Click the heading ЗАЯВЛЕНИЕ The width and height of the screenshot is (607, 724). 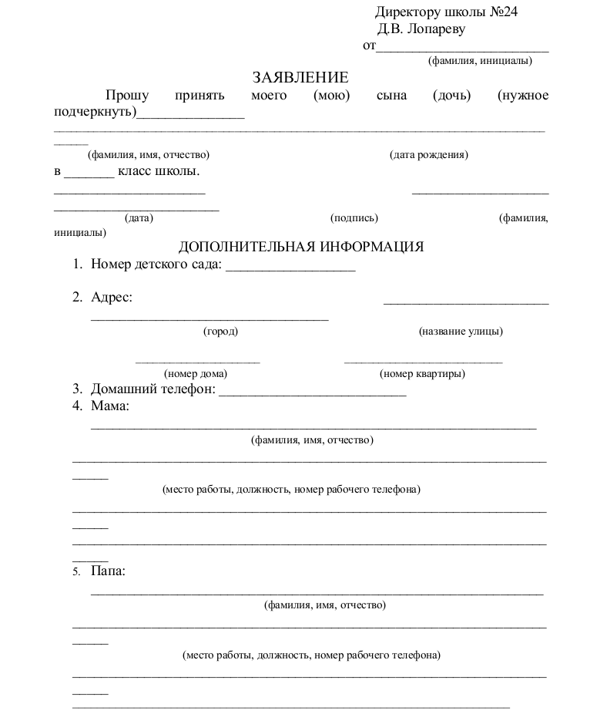pos(300,77)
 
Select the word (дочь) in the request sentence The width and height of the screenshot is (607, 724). pos(451,95)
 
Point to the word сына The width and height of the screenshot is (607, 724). pos(391,95)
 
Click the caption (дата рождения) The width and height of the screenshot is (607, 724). pos(429,155)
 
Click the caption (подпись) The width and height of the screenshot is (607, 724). pos(354,218)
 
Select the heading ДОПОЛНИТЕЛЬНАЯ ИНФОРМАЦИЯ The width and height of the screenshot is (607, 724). pos(301,247)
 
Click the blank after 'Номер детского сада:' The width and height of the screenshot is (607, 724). pos(290,268)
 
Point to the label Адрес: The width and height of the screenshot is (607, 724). pos(111,298)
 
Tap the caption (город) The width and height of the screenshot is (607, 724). pos(220,332)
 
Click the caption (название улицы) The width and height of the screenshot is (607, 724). pos(461,332)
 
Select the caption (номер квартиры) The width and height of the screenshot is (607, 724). pos(422,374)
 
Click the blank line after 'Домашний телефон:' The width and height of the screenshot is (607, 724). pos(312,392)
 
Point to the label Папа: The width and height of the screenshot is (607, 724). pos(108,571)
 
